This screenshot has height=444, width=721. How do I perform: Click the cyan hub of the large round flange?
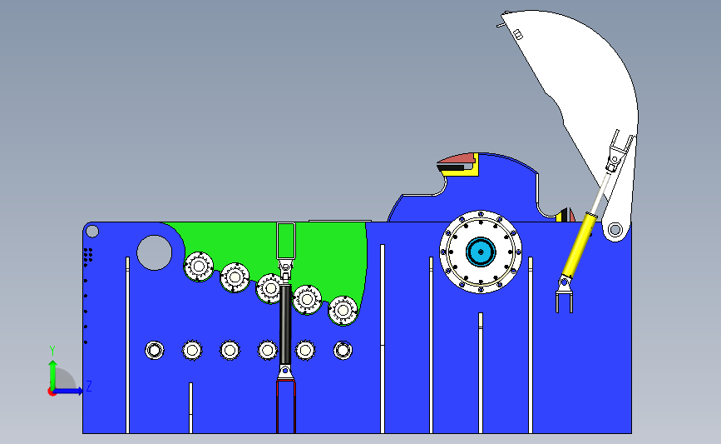coord(481,251)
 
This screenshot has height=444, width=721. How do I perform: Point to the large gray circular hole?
coord(154,252)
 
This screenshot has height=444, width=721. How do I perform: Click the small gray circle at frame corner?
coord(92,231)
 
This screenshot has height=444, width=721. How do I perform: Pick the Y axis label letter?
coord(52,351)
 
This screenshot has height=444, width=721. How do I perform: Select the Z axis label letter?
coord(88,386)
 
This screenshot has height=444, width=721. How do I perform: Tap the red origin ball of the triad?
coord(52,392)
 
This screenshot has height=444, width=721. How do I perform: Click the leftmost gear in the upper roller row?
coord(199,267)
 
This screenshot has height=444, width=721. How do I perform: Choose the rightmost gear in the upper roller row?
coord(343,310)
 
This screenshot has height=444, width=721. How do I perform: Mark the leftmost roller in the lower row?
coord(154,350)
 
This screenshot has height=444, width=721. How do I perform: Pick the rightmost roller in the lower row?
coord(343,350)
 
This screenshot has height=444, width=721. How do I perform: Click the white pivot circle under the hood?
coord(615,229)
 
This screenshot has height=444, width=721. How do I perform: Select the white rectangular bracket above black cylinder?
coord(286,242)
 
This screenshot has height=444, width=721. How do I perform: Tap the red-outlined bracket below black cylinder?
coord(286,404)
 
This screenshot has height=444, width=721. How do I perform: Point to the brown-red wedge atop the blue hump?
coord(455,158)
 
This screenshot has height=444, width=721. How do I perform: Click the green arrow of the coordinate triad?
coord(52,371)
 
